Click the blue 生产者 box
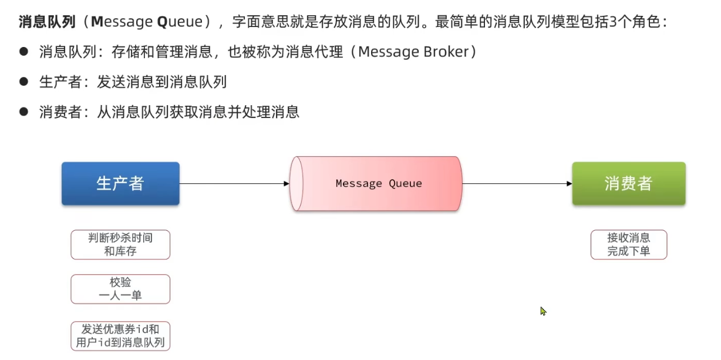[x=120, y=184]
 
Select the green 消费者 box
[x=628, y=184]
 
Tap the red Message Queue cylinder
[x=379, y=184]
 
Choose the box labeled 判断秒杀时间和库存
[x=120, y=245]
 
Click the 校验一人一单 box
[x=120, y=289]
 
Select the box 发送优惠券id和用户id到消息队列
[x=120, y=336]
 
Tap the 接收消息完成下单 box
[x=629, y=245]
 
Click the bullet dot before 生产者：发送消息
[x=24, y=82]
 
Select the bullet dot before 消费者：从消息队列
[x=24, y=112]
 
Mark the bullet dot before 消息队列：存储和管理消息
[x=24, y=52]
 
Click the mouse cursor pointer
[x=543, y=311]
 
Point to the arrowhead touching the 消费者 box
[x=569, y=184]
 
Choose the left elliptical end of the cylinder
[x=297, y=184]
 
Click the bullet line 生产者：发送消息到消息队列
[x=133, y=82]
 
